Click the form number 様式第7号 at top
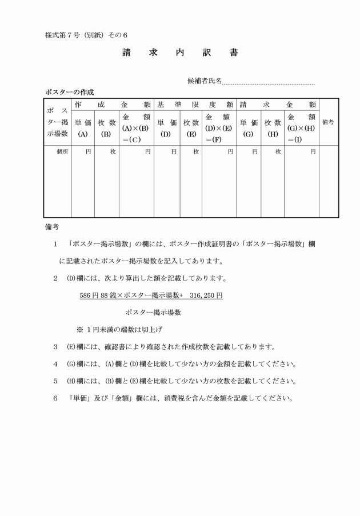[x=65, y=35]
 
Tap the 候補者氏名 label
[x=205, y=81]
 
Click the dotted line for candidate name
[x=269, y=83]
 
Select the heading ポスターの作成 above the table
[x=69, y=92]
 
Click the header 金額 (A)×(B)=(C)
[x=136, y=127]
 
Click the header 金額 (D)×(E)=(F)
[x=219, y=127]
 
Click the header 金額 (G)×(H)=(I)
[x=302, y=127]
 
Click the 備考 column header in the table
[x=329, y=122]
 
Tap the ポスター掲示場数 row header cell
[x=57, y=122]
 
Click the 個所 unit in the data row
[x=63, y=152]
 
